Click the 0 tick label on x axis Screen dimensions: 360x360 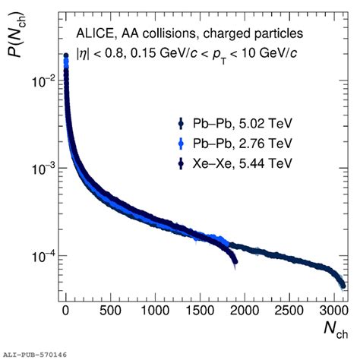(x=67, y=312)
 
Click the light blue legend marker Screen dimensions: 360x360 (x=180, y=143)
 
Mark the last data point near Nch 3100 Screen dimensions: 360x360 (x=343, y=286)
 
